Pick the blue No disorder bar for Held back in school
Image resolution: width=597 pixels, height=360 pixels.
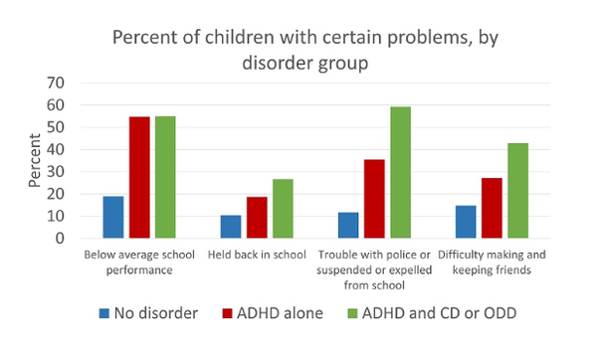230,228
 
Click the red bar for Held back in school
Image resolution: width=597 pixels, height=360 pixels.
256,218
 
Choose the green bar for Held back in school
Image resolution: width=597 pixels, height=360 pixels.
282,209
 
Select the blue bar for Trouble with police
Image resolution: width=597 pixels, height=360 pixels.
347,226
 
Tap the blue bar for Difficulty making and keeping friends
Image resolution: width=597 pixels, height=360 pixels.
465,223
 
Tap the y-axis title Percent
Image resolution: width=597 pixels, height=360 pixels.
36,161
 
